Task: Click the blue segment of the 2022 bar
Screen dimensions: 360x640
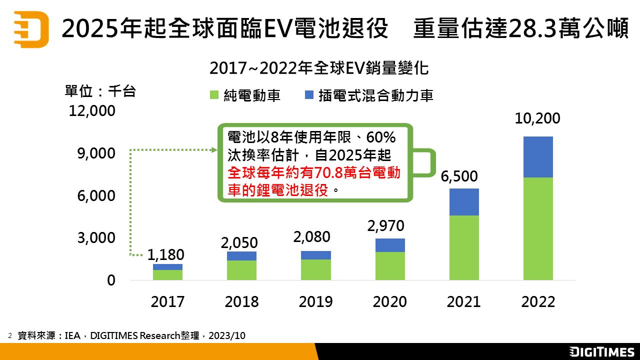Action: (x=538, y=157)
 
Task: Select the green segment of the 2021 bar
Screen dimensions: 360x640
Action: (x=464, y=247)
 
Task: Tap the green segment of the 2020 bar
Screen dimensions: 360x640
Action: (x=390, y=265)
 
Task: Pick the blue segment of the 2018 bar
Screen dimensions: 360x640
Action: (x=241, y=256)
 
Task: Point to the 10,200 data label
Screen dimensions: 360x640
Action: (x=538, y=119)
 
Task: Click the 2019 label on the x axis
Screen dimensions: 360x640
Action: (x=316, y=302)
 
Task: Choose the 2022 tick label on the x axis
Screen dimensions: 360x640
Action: (x=538, y=302)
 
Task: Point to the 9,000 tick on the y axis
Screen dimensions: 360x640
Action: (x=96, y=153)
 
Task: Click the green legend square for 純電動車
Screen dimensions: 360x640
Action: (x=214, y=95)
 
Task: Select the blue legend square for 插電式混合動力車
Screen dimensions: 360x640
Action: (x=308, y=95)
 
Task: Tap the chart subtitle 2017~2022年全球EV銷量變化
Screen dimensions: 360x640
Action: (x=319, y=68)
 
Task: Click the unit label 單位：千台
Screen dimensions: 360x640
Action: (x=100, y=91)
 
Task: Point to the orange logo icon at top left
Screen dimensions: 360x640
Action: (x=31, y=29)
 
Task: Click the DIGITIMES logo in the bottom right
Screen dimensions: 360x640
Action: (x=601, y=351)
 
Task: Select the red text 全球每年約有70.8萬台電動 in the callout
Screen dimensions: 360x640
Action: (x=314, y=173)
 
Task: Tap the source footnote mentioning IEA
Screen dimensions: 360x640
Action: (x=131, y=335)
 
